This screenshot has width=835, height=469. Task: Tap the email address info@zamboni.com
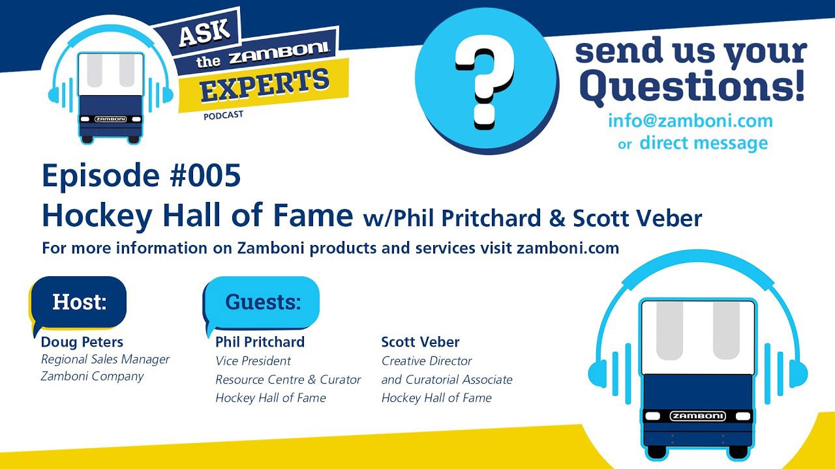pyautogui.click(x=690, y=121)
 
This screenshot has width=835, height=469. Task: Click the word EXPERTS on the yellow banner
pyautogui.click(x=265, y=86)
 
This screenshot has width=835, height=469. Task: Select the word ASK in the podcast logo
pyautogui.click(x=204, y=33)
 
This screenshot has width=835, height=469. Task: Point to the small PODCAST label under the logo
pyautogui.click(x=223, y=115)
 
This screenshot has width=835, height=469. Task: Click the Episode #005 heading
pyautogui.click(x=142, y=176)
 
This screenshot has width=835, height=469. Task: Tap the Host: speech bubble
pyautogui.click(x=79, y=303)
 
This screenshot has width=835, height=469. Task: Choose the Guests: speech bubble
pyautogui.click(x=262, y=303)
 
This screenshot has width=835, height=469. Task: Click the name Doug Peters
pyautogui.click(x=82, y=342)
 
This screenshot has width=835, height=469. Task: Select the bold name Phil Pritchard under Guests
pyautogui.click(x=260, y=342)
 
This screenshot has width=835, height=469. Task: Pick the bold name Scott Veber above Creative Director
pyautogui.click(x=420, y=342)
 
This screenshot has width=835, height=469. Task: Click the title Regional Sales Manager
pyautogui.click(x=105, y=360)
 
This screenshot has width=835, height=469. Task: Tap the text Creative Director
pyautogui.click(x=427, y=361)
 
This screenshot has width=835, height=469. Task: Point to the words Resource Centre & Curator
pyautogui.click(x=288, y=379)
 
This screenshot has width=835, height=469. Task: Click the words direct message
pyautogui.click(x=704, y=143)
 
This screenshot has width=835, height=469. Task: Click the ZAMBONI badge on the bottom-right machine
pyautogui.click(x=697, y=416)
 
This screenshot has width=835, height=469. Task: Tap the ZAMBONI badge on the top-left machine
pyautogui.click(x=110, y=119)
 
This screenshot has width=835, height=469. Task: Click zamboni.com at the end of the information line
pyautogui.click(x=568, y=248)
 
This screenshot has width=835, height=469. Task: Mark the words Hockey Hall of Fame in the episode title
pyautogui.click(x=197, y=216)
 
